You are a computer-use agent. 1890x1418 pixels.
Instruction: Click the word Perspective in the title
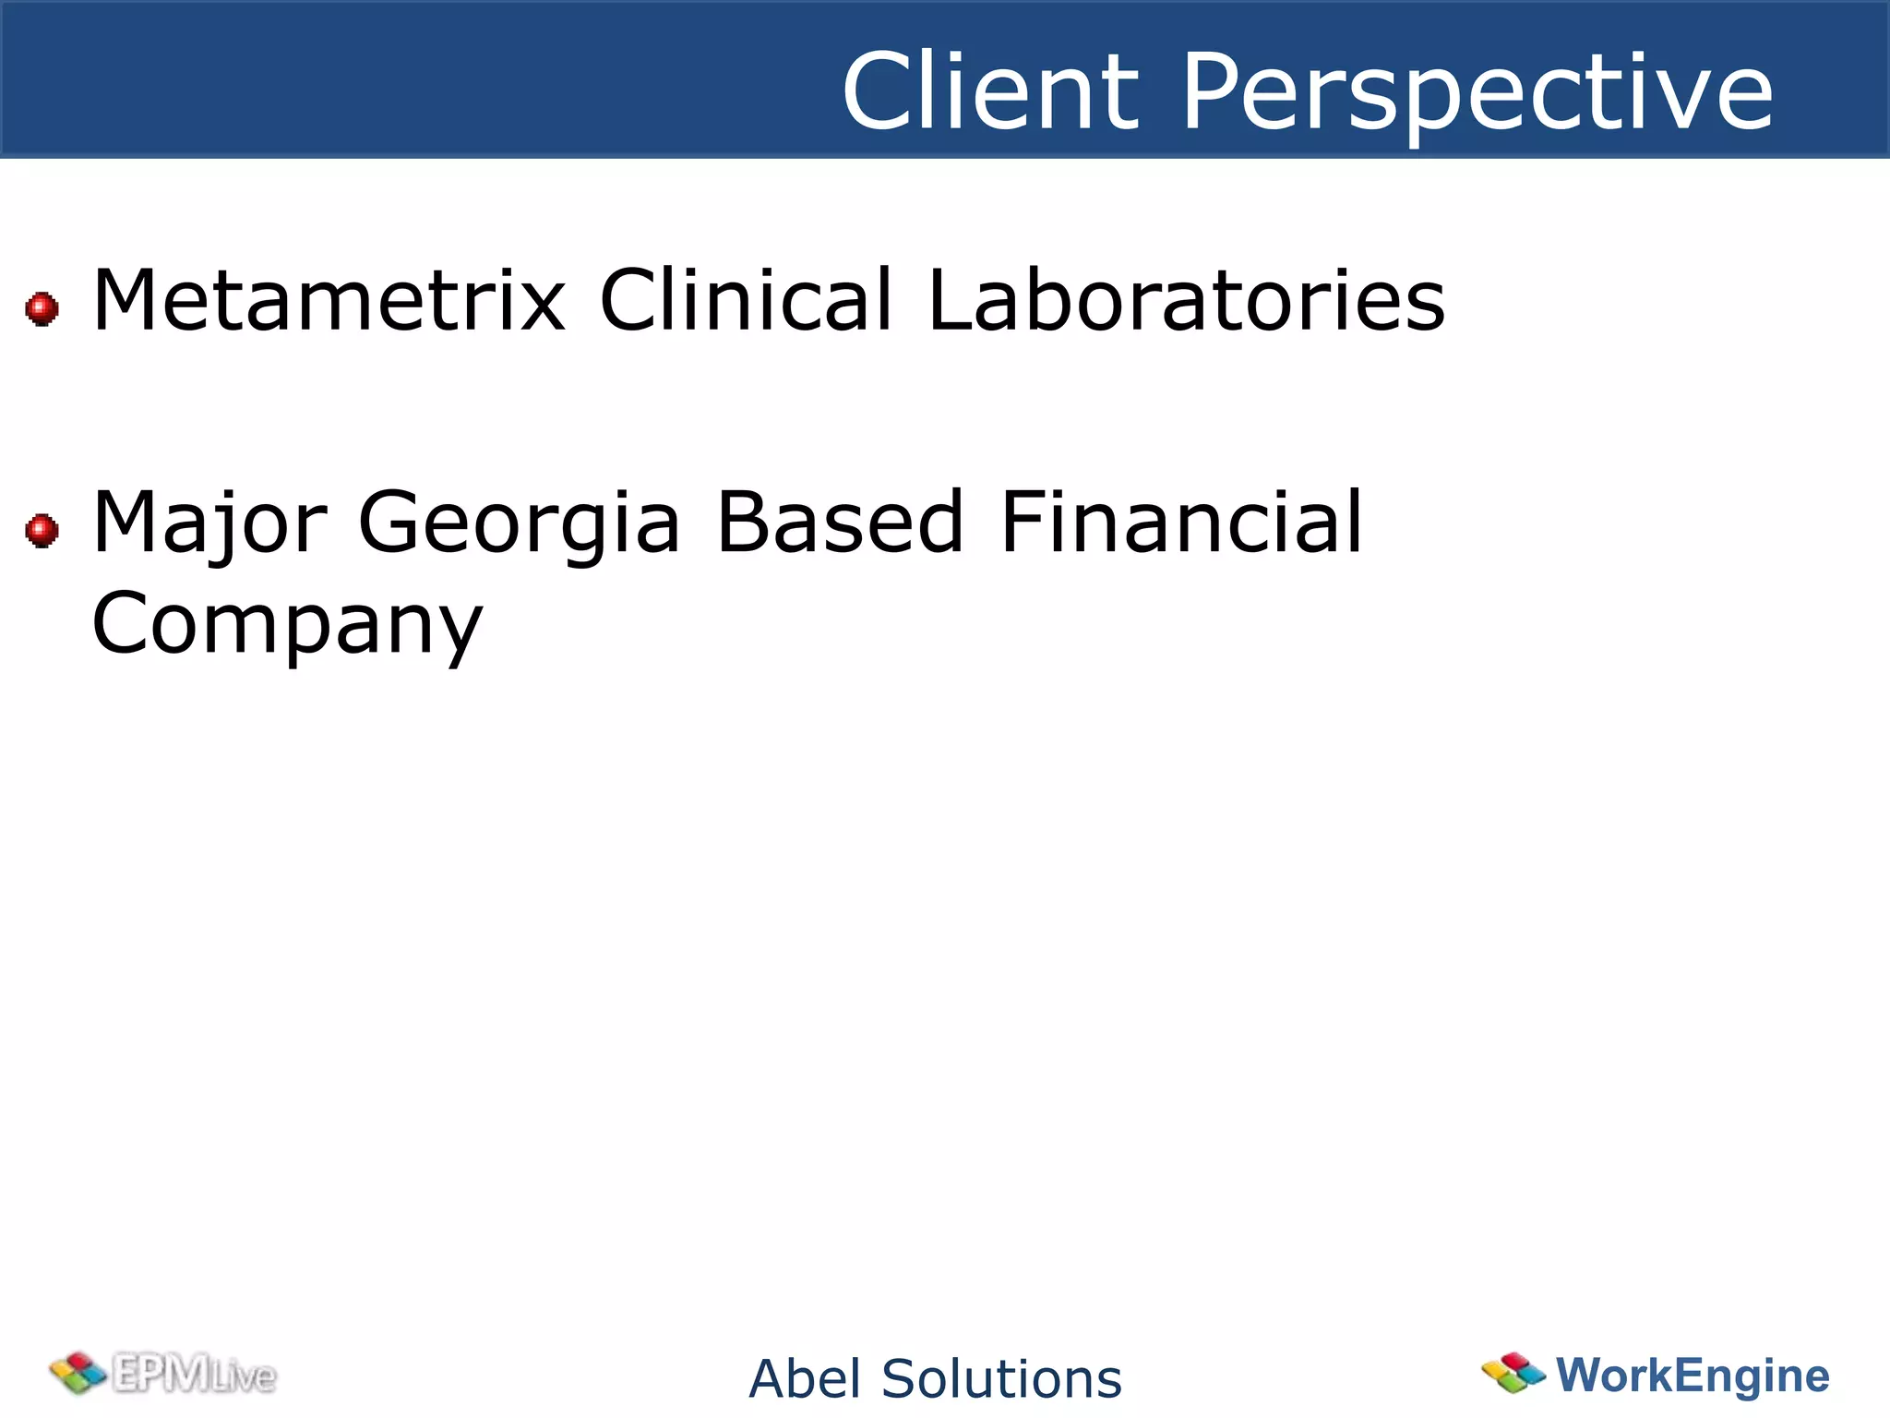1477,92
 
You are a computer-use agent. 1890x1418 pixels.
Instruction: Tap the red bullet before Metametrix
42,308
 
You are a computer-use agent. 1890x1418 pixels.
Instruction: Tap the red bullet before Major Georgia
42,531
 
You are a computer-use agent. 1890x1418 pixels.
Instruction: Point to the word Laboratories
1186,300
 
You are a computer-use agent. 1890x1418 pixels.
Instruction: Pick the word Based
840,523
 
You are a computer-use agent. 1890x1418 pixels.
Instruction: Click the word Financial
1181,523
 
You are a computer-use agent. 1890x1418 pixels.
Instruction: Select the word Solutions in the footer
1001,1379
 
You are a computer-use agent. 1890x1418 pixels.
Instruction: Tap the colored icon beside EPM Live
78,1373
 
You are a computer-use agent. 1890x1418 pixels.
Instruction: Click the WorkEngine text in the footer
1693,1375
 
